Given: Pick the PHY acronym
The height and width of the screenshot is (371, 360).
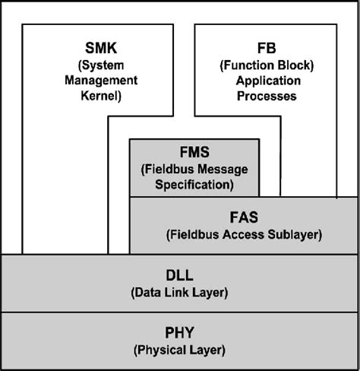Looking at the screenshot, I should (x=179, y=332).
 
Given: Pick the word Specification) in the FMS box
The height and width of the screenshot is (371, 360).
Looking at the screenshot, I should (x=194, y=184).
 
